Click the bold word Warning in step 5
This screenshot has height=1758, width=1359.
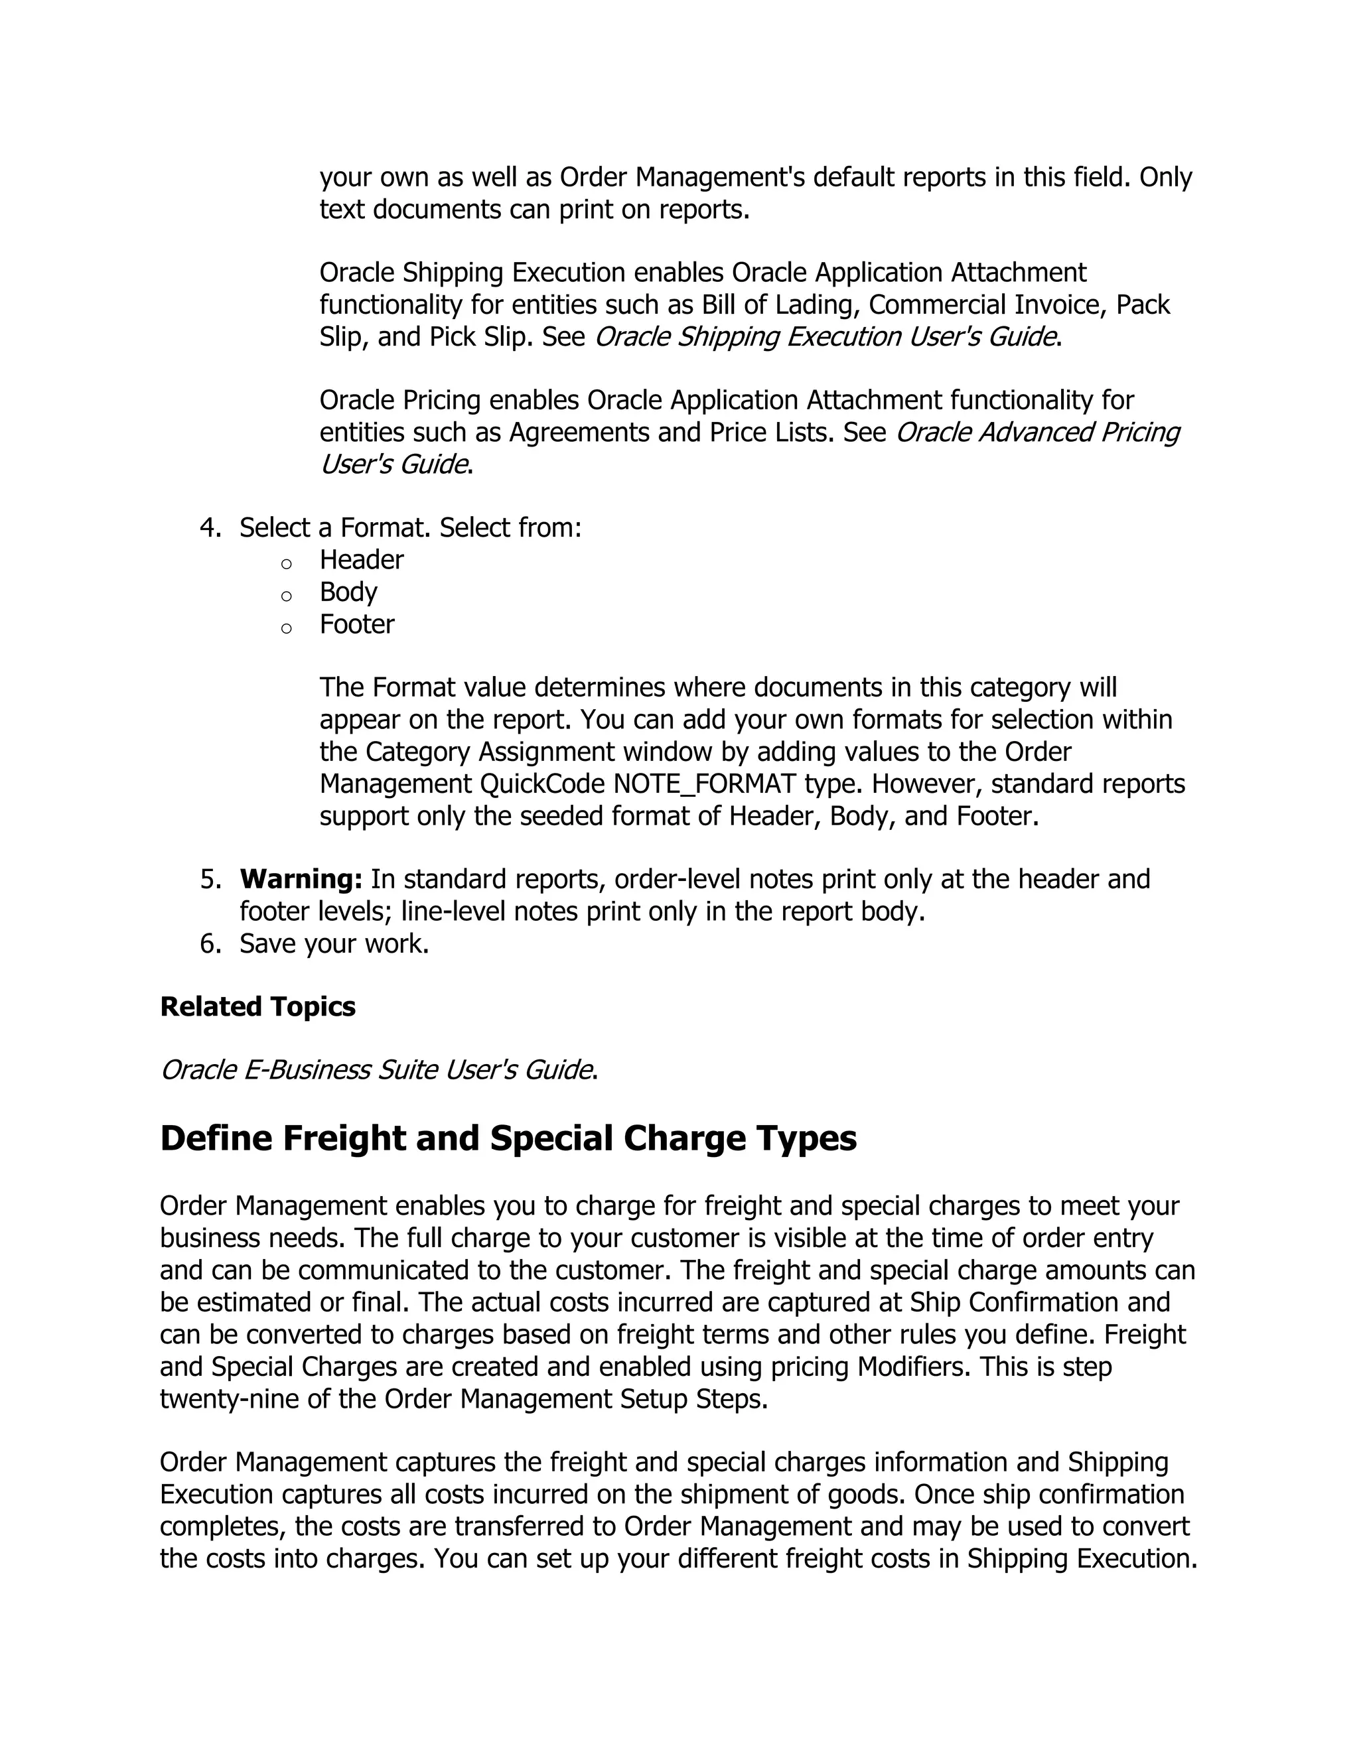click(x=301, y=879)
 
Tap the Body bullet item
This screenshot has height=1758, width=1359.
click(x=348, y=592)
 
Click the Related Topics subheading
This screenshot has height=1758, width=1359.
click(x=257, y=1006)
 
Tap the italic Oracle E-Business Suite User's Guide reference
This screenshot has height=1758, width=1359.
click(x=377, y=1070)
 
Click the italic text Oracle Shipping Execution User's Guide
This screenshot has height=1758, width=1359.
click(x=824, y=336)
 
